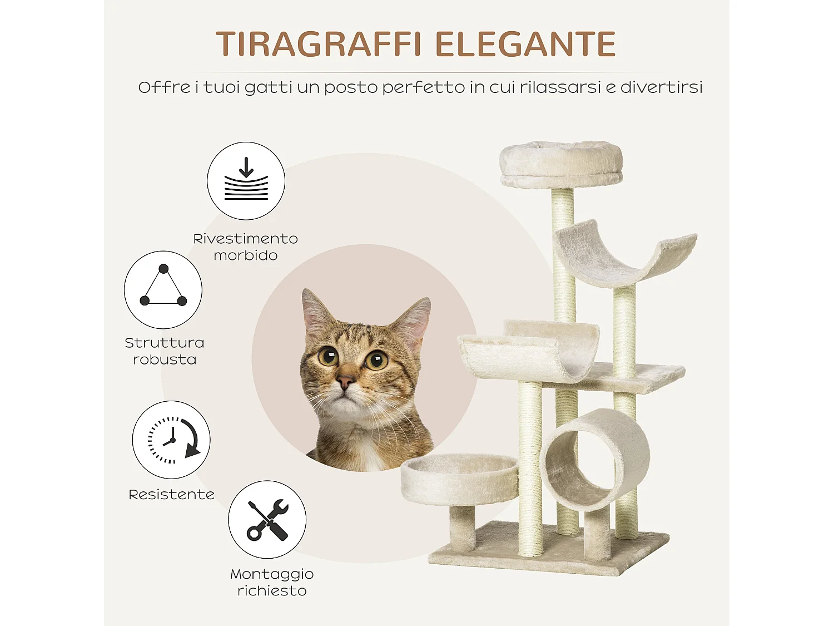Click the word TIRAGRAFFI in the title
(x=318, y=45)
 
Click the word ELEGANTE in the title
(x=525, y=45)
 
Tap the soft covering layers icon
(x=246, y=181)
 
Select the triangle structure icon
(x=163, y=289)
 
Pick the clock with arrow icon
(x=171, y=440)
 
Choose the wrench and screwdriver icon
(x=267, y=520)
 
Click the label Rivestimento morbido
(x=245, y=247)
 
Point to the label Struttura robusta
(x=164, y=351)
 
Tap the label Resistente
(x=171, y=495)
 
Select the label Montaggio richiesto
(x=272, y=582)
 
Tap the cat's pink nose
(x=345, y=382)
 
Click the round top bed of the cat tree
(x=560, y=164)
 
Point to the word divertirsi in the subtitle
(x=661, y=87)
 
